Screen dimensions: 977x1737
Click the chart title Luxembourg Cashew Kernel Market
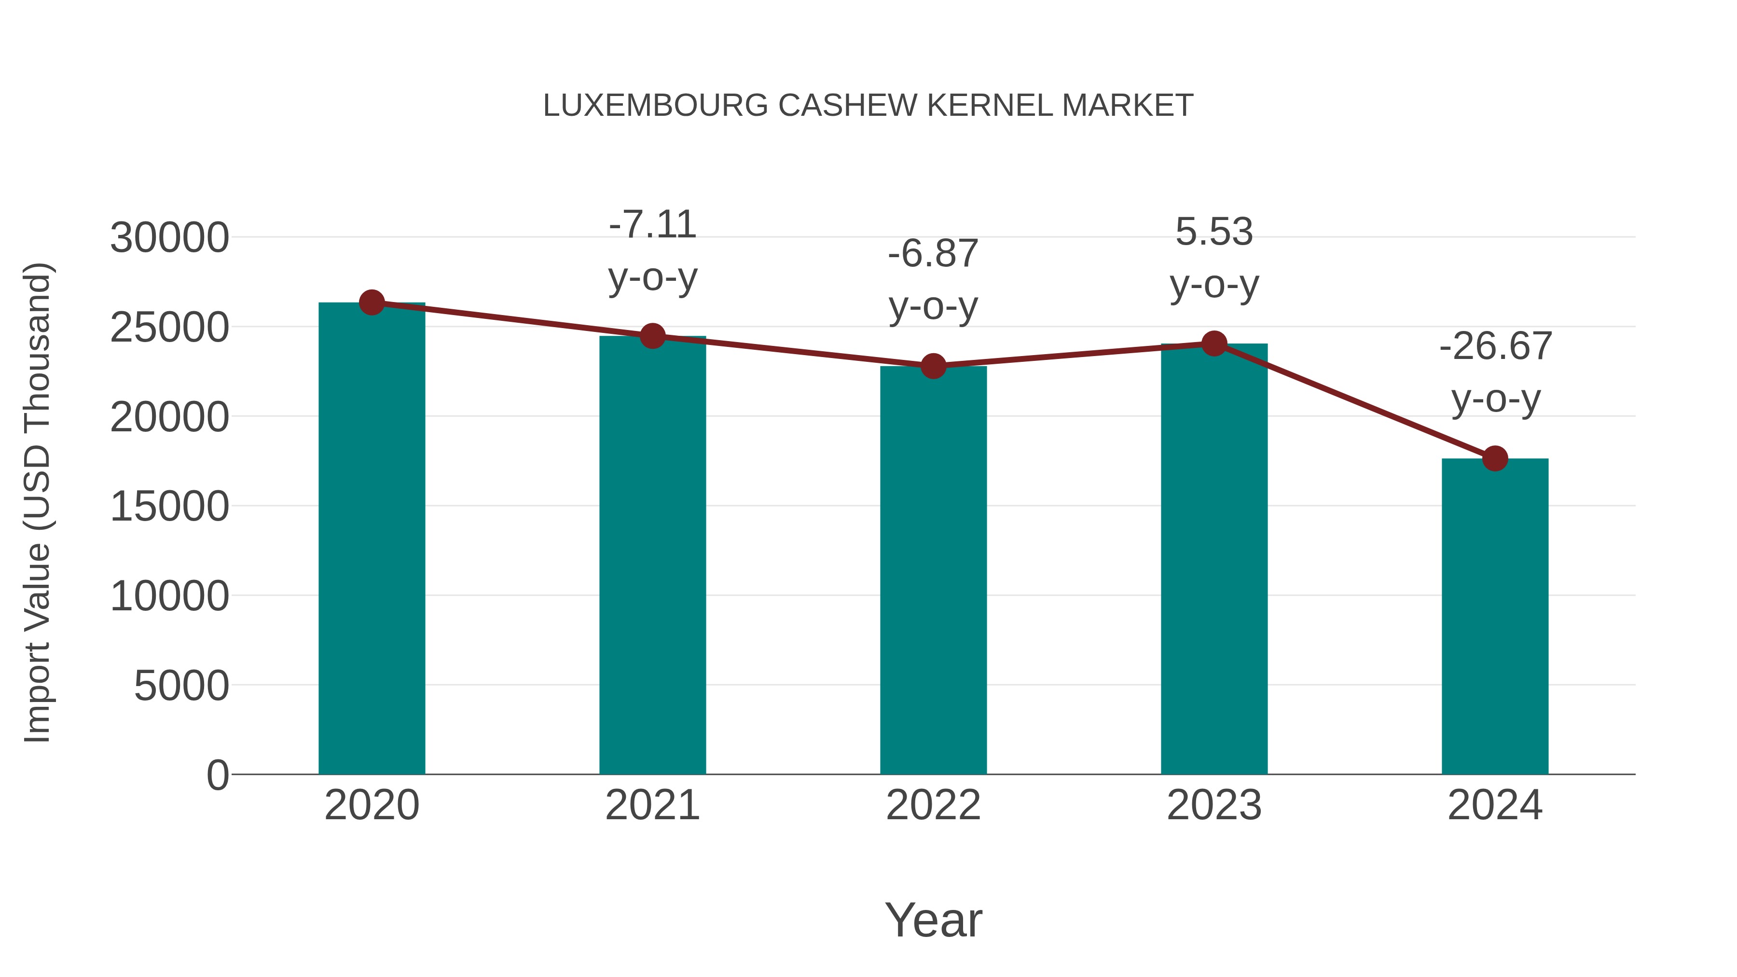pos(868,106)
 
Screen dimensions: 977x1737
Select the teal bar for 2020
pos(372,539)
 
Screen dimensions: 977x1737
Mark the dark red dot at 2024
pos(1495,458)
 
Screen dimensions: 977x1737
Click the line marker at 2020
pos(372,303)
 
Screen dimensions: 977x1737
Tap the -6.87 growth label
pos(933,280)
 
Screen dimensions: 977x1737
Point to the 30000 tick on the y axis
pos(169,238)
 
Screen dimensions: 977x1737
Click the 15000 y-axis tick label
pos(169,507)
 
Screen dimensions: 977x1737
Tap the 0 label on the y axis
pos(217,775)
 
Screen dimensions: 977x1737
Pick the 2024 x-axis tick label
pos(1495,805)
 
